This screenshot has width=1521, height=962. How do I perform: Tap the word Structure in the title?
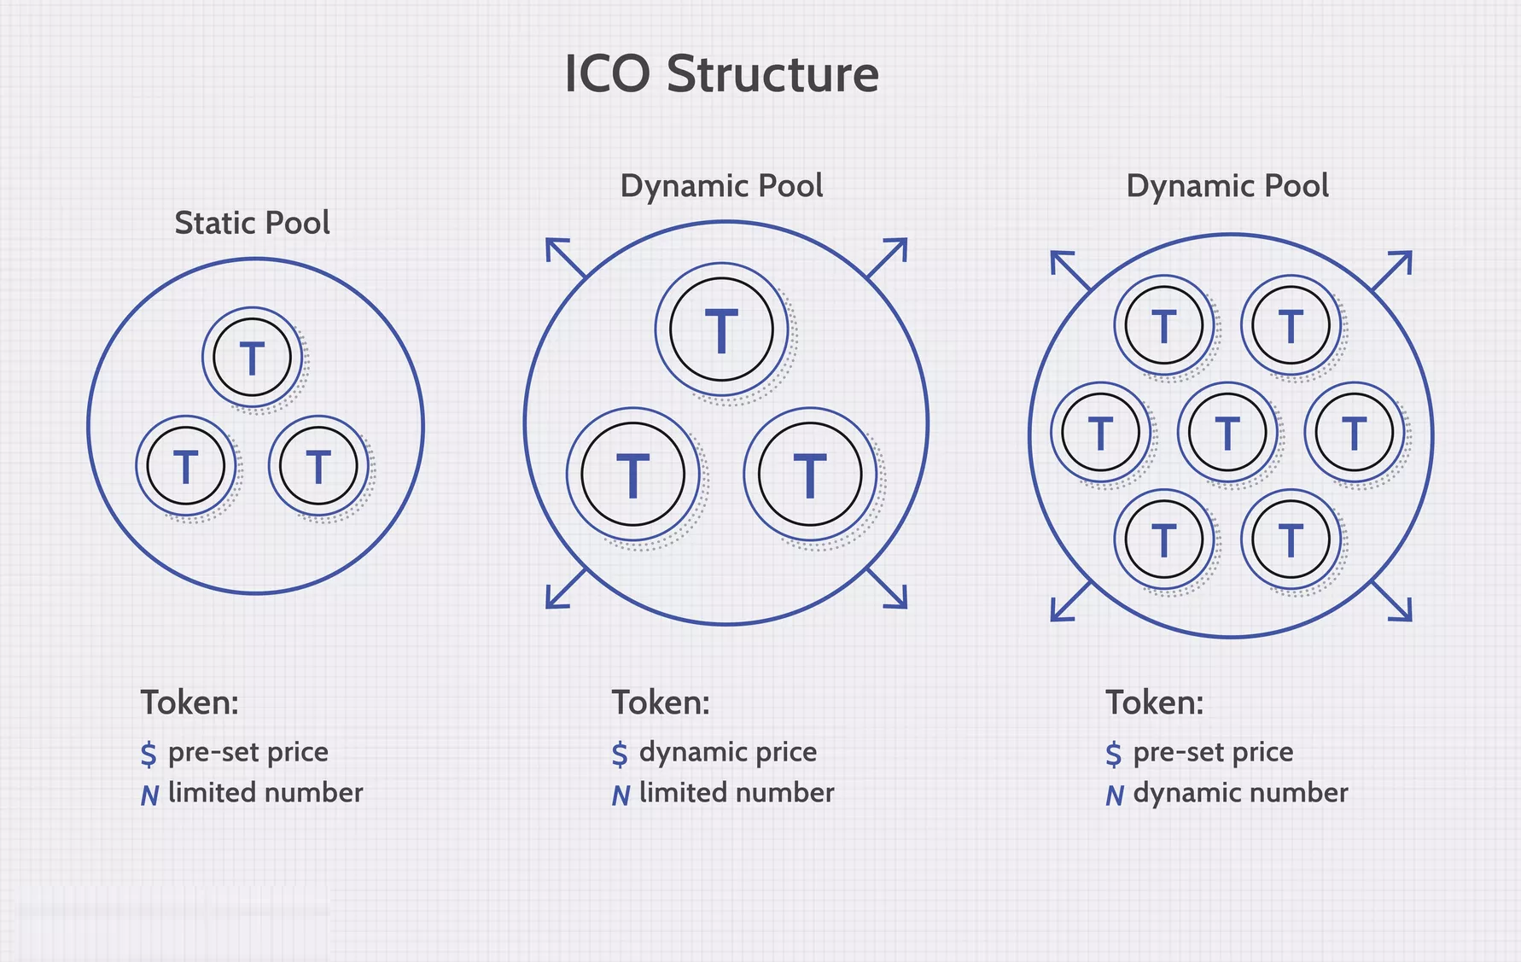pyautogui.click(x=772, y=73)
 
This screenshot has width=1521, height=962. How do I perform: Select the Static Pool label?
pyautogui.click(x=252, y=223)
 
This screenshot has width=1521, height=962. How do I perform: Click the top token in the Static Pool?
pyautogui.click(x=252, y=358)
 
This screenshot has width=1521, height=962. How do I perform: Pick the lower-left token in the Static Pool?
pyautogui.click(x=186, y=466)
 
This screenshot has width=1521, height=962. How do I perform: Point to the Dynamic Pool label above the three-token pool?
pyautogui.click(x=722, y=186)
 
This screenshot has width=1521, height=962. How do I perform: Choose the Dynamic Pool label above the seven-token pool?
pyautogui.click(x=1227, y=186)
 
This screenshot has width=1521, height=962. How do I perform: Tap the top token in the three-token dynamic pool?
pyautogui.click(x=722, y=329)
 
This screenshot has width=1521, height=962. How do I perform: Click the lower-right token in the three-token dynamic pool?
pyautogui.click(x=811, y=475)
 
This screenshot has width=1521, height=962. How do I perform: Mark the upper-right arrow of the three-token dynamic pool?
pyautogui.click(x=887, y=259)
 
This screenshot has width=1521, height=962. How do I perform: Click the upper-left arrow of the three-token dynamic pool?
pyautogui.click(x=566, y=259)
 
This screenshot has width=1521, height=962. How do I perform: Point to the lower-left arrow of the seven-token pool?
pyautogui.click(x=1071, y=601)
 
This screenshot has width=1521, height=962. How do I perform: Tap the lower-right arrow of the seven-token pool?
pyautogui.click(x=1391, y=601)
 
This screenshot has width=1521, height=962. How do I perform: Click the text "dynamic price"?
pyautogui.click(x=728, y=752)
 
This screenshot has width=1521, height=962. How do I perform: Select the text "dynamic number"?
pyautogui.click(x=1241, y=793)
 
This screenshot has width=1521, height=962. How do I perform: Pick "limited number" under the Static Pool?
pyautogui.click(x=265, y=793)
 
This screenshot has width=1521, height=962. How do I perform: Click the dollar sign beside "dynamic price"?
pyautogui.click(x=620, y=754)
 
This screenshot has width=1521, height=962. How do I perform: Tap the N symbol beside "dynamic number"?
pyautogui.click(x=1115, y=796)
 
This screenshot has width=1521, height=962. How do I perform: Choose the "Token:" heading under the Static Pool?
pyautogui.click(x=189, y=703)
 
